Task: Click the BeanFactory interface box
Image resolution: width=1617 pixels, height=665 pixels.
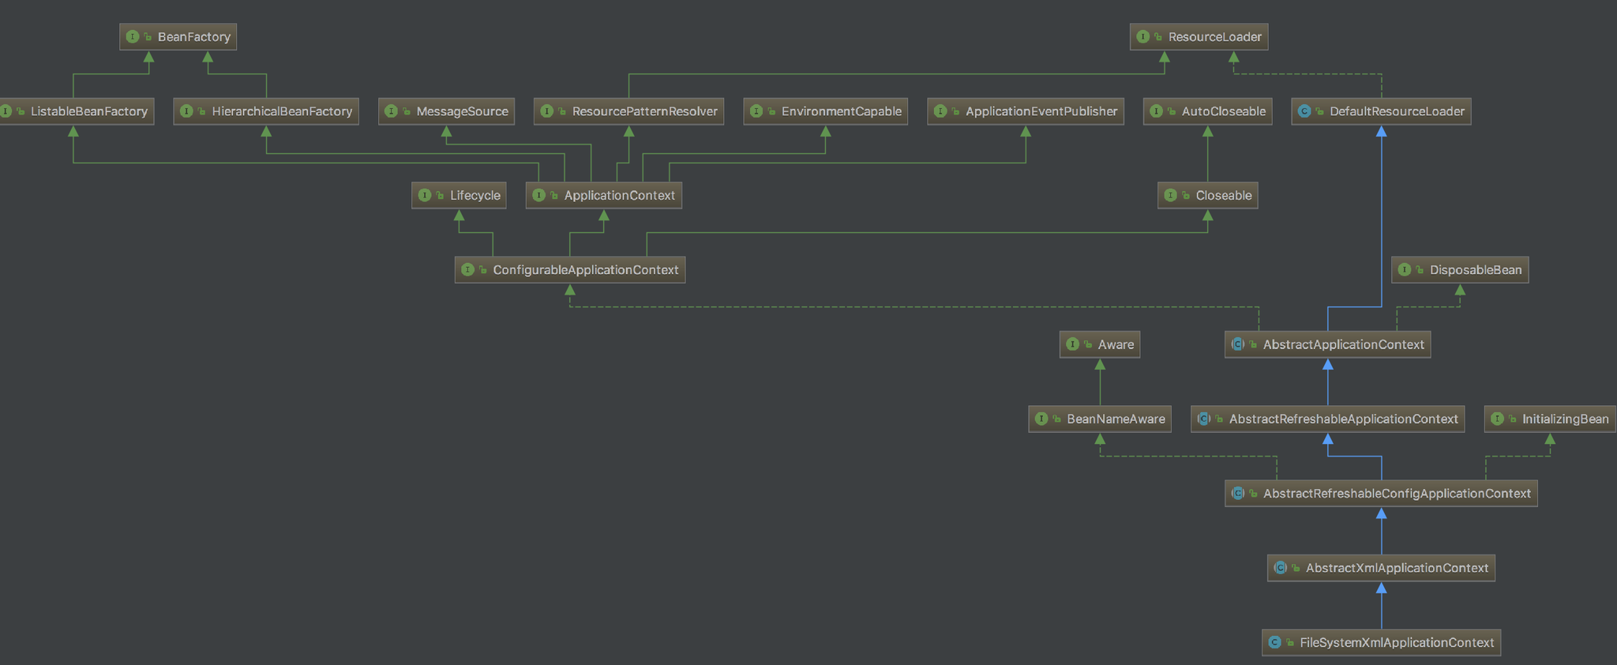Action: [178, 37]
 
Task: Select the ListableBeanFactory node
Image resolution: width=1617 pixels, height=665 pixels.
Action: [76, 111]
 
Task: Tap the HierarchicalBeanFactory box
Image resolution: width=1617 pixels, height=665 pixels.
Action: [266, 111]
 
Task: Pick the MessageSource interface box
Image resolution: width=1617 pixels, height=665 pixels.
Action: [447, 111]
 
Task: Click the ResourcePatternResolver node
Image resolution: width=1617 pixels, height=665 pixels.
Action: [629, 111]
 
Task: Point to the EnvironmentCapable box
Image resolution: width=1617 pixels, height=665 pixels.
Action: [825, 111]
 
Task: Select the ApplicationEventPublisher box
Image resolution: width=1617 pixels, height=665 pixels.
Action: [1026, 111]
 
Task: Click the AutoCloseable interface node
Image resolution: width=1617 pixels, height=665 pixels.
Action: [1208, 111]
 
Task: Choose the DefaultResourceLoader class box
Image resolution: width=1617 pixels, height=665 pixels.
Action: [1382, 111]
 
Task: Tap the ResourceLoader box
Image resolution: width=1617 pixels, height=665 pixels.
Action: [1199, 37]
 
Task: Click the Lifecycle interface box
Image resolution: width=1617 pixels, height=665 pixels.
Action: [459, 195]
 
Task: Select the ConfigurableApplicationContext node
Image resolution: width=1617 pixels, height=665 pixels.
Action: [570, 270]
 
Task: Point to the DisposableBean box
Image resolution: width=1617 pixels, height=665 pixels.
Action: [1460, 270]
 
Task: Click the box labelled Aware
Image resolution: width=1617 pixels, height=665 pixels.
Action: [1100, 344]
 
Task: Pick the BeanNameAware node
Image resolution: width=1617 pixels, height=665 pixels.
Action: [1100, 419]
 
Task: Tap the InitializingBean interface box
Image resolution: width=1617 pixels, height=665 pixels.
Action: [1550, 419]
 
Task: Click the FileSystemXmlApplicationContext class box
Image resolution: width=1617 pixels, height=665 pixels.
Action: [1382, 642]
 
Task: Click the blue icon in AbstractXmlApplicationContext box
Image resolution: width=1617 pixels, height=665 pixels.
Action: [1281, 568]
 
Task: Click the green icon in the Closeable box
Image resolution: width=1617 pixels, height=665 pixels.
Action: [1171, 195]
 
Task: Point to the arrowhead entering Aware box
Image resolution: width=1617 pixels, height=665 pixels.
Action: [1100, 364]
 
